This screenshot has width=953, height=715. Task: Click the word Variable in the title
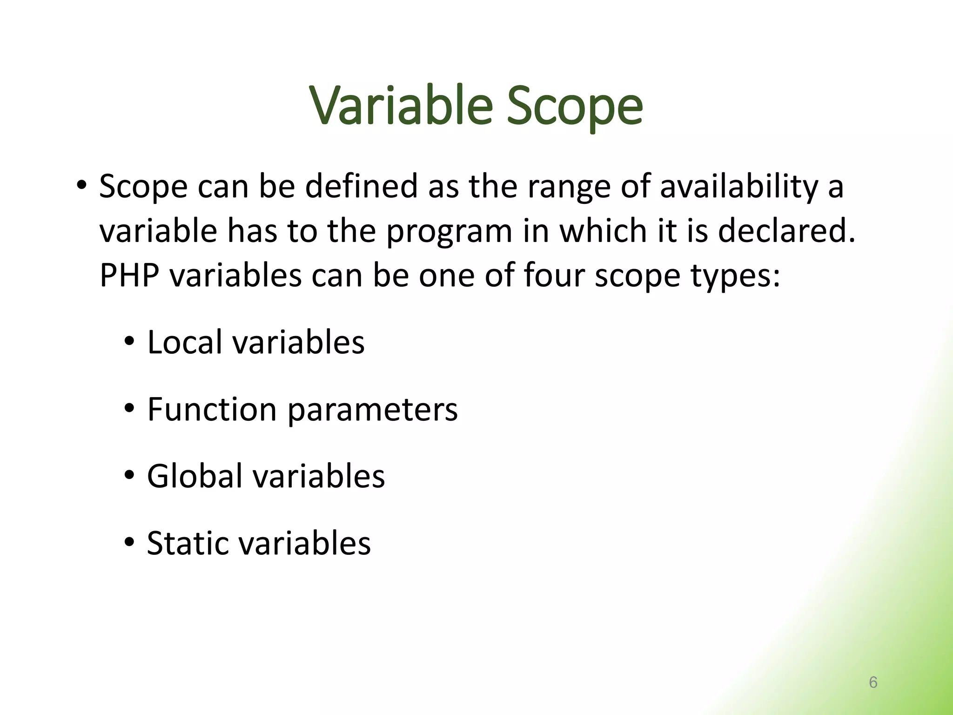(x=401, y=106)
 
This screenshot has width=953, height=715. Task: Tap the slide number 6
(x=873, y=682)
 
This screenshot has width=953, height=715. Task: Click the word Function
(x=212, y=409)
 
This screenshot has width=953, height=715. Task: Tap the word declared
(x=786, y=231)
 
